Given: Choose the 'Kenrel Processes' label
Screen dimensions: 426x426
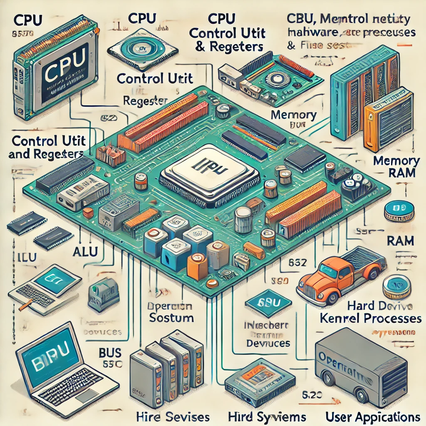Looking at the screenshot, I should [370, 319].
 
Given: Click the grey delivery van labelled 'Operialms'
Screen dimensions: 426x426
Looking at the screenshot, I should [360, 362].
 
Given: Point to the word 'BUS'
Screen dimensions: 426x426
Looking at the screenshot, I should [110, 353].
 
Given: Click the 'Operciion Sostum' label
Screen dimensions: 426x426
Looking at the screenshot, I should [171, 312].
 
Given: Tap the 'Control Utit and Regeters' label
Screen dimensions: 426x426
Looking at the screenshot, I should [45, 147].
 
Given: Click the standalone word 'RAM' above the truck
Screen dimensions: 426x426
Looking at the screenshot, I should [399, 240].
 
